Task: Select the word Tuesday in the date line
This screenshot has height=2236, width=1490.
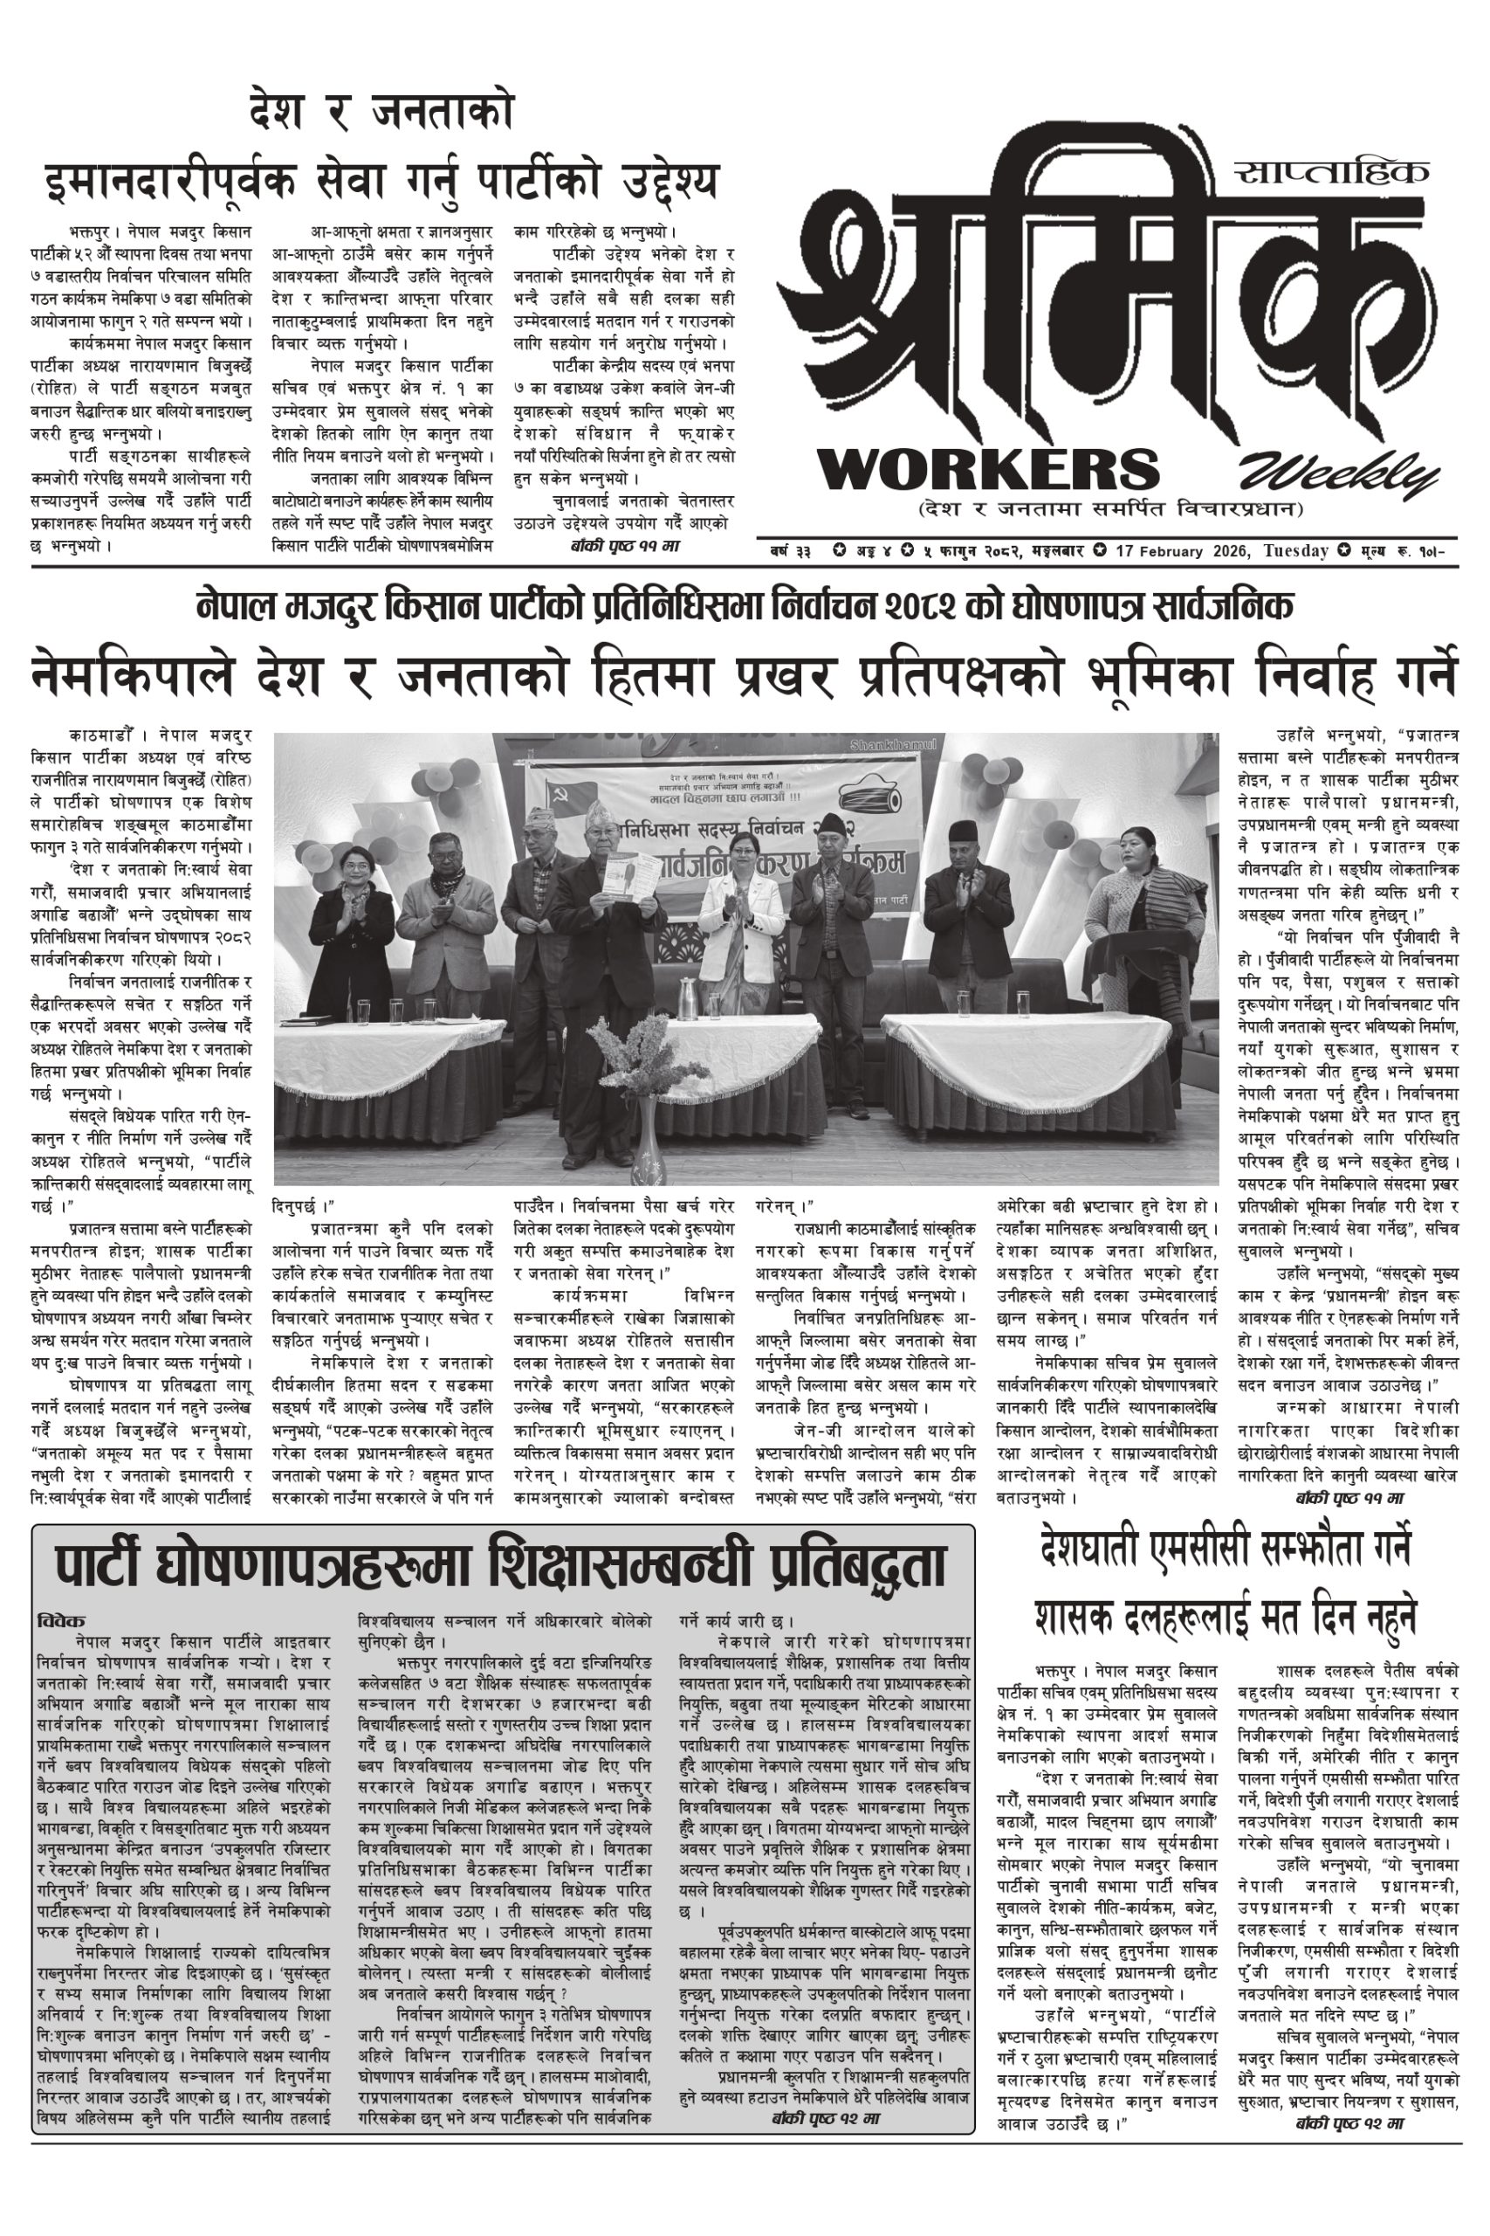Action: pos(1295,550)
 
